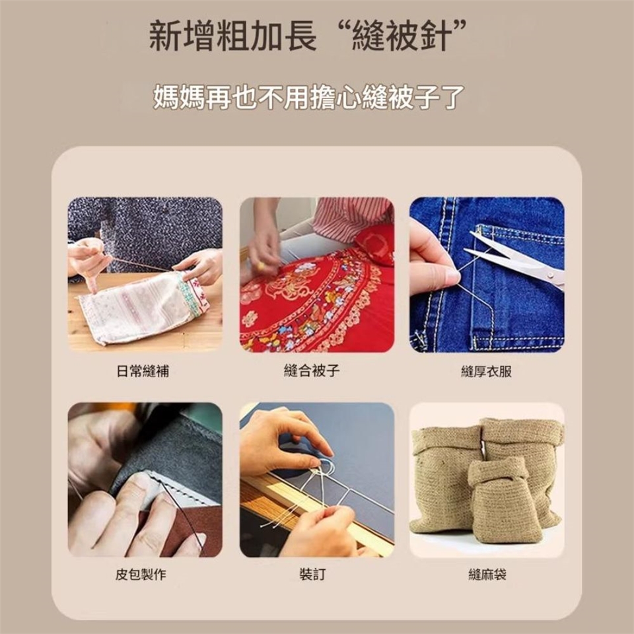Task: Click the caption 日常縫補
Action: (143, 370)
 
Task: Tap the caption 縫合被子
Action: (312, 370)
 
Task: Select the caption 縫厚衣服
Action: (487, 371)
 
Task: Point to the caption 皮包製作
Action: (141, 574)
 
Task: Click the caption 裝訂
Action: (312, 574)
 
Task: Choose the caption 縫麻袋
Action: (487, 574)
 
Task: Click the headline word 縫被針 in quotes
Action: (400, 37)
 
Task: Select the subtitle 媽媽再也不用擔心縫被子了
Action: (308, 97)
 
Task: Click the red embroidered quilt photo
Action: (316, 275)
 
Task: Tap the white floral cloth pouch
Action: (143, 306)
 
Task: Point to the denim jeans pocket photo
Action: (487, 275)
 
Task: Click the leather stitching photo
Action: (145, 479)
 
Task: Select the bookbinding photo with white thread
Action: (316, 479)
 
